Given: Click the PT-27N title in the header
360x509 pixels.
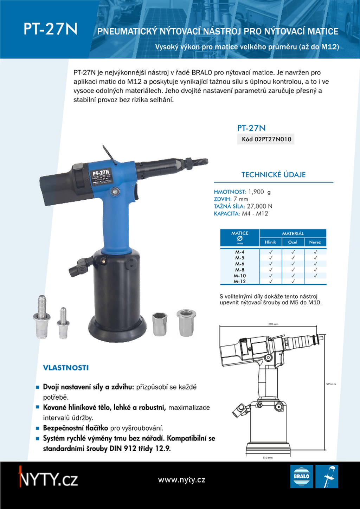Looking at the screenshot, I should tap(50, 29).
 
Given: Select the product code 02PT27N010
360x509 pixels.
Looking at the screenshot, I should tap(266, 139).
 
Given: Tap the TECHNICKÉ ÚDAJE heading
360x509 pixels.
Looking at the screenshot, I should tap(273, 175).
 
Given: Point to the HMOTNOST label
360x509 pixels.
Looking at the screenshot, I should tap(230, 192).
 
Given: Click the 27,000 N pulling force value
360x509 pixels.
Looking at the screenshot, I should tap(259, 206).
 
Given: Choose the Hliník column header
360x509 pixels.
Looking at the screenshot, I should tap(270, 242).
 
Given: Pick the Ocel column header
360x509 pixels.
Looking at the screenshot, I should tap(292, 242).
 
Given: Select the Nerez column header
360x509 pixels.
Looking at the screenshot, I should tap(315, 242).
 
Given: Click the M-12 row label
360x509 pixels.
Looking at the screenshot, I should tap(240, 282).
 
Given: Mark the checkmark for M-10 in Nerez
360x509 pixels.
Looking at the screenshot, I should tap(315, 276).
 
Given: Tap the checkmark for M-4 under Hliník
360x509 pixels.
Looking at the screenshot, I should tap(271, 252).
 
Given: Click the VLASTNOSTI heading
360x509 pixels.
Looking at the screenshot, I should tap(66, 368).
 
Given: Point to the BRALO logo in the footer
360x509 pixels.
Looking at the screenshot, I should tap(301, 477).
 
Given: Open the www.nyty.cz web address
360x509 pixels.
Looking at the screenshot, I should tap(181, 480).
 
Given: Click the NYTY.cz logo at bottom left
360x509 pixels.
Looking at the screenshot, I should tap(48, 479).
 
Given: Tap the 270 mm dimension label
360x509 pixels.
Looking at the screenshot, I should tap(273, 324).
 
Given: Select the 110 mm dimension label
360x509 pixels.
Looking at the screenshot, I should tap(268, 458).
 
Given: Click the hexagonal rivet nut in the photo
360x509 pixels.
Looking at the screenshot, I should tap(160, 323).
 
